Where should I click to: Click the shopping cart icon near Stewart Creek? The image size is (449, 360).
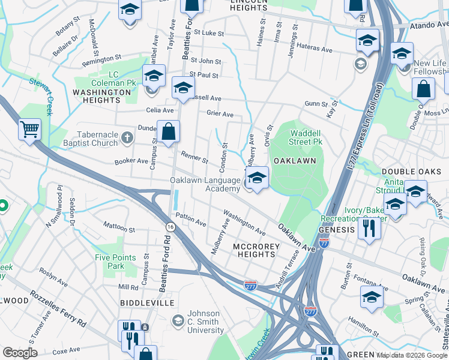tap(29, 128)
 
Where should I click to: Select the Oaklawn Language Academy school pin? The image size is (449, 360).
tap(257, 178)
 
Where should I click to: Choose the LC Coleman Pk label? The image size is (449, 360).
tap(112, 78)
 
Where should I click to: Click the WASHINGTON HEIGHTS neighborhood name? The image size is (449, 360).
tap(101, 92)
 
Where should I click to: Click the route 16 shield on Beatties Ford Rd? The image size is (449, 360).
tap(171, 226)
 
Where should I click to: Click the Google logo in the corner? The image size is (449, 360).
tap(20, 353)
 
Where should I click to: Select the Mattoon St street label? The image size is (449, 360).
tap(119, 229)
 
